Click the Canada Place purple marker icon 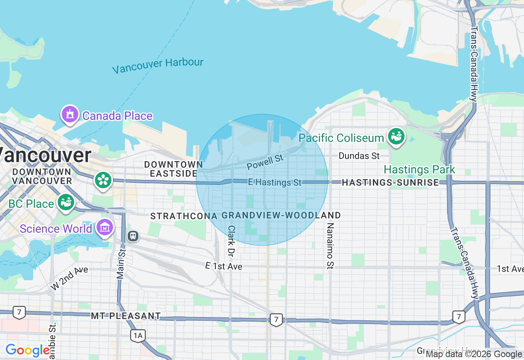[70, 115]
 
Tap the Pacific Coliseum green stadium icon [396, 137]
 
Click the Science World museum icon [105, 227]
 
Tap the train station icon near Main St [133, 236]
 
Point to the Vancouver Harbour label [158, 65]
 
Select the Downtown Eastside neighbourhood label [173, 169]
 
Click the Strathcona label [184, 216]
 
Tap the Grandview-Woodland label [281, 216]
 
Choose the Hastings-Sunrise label [390, 182]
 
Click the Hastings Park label [419, 169]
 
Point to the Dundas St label [359, 156]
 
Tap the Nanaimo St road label [330, 245]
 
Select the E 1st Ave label [224, 266]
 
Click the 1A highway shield [138, 336]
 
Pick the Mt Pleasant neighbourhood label [126, 316]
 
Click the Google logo [27, 351]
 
